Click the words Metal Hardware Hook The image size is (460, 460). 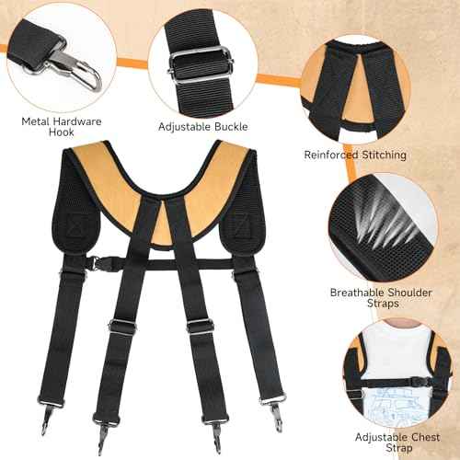tap(61, 127)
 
